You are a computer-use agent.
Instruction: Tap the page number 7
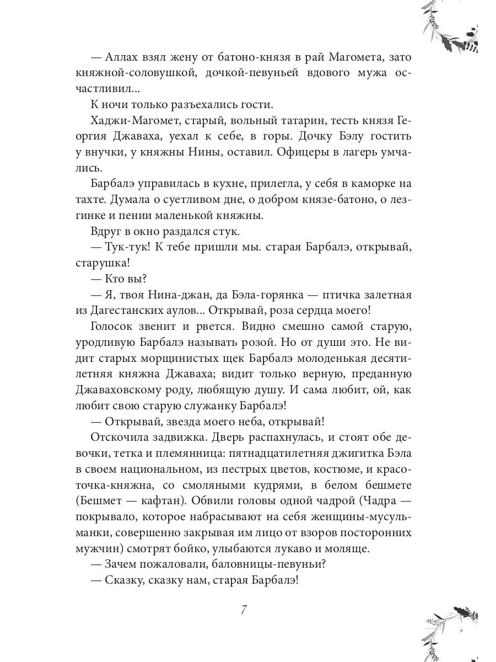coord(244,610)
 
